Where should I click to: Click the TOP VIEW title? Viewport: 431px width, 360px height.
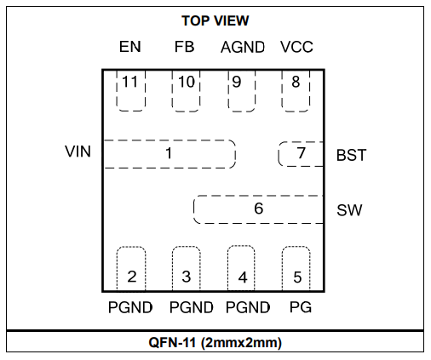coord(215,20)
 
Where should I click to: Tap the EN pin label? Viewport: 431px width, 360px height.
coord(130,47)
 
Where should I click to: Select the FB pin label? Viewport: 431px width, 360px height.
coord(184,47)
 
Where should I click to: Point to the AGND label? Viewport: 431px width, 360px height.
coord(243,47)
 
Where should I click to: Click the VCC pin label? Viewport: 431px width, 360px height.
coord(296,47)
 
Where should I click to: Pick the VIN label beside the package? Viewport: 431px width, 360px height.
coord(78,151)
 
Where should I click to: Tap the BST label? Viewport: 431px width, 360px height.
coord(351,155)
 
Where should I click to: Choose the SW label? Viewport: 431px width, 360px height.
coord(349,210)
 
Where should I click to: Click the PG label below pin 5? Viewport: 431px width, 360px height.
coord(301,307)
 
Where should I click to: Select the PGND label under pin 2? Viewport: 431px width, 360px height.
coord(130,307)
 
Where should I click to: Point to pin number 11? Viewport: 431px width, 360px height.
coord(129,82)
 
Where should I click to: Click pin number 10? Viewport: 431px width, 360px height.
coord(187,82)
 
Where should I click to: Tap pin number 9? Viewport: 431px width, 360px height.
coord(237,82)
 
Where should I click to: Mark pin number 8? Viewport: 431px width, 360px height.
coord(296,82)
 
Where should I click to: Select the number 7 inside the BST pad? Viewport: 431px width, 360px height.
coord(302,153)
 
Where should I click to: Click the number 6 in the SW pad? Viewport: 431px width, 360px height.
coord(259,209)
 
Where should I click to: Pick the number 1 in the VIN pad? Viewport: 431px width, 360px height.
coord(169,153)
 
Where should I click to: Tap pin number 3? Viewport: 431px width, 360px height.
coord(187,277)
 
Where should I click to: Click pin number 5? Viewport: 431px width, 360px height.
coord(297,277)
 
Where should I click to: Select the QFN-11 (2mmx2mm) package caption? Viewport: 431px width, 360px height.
coord(215,342)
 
